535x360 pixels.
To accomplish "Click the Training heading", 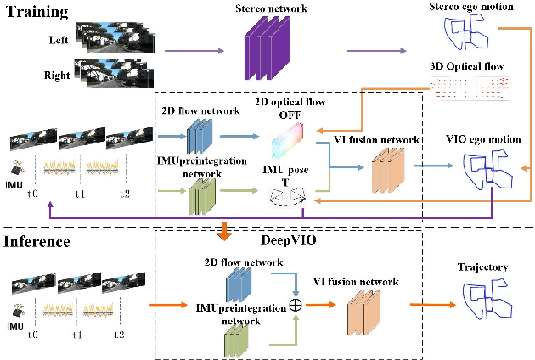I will pyautogui.click(x=38, y=12).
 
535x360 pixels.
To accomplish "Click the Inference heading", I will pyautogui.click(x=41, y=242).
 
